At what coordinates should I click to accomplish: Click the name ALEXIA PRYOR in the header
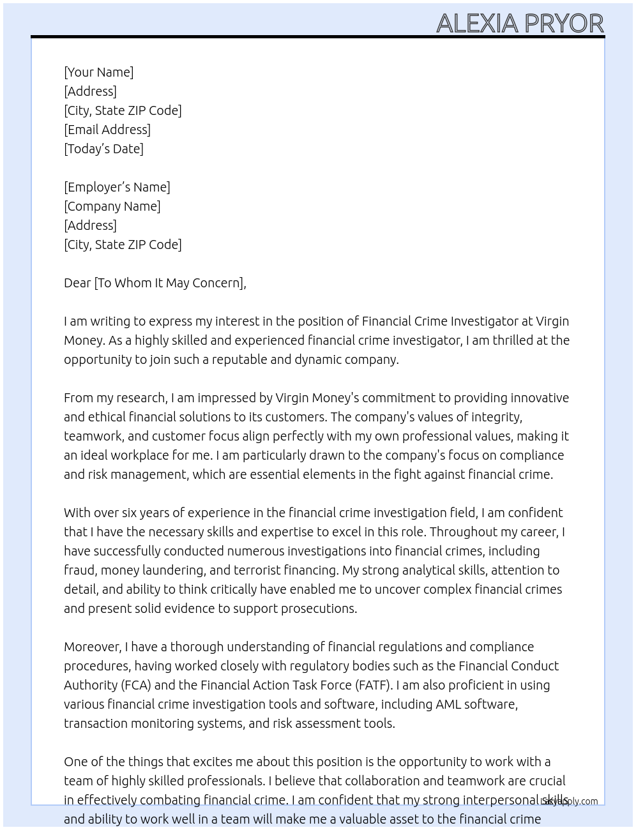520,24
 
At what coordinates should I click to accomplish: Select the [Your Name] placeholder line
99,72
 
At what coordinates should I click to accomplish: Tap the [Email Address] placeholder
107,130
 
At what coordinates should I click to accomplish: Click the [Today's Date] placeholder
103,149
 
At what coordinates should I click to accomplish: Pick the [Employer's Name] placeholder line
117,187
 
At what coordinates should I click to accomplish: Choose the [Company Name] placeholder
112,206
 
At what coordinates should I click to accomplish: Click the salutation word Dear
77,283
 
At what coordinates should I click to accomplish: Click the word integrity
496,417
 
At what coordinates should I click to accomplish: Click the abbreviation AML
448,704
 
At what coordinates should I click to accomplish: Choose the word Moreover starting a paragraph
92,647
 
